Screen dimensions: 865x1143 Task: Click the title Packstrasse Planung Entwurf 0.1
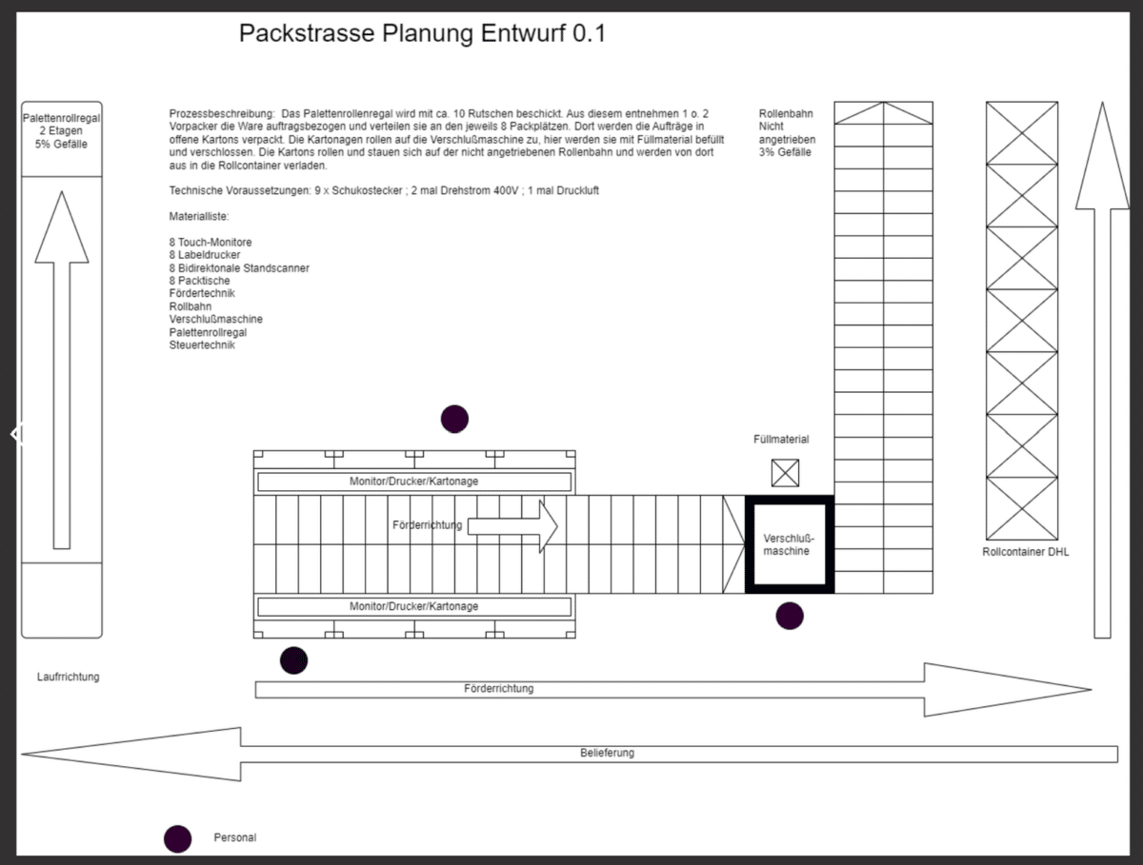tap(422, 34)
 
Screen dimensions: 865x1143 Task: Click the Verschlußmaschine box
tap(789, 545)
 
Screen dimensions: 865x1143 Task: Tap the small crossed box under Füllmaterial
tap(786, 473)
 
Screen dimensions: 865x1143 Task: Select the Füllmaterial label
tap(781, 440)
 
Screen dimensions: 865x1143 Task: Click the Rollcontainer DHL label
tap(1025, 552)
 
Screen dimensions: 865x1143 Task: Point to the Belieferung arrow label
tap(607, 753)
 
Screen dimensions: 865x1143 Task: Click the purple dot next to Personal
tap(177, 838)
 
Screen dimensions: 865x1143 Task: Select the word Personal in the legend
tap(234, 838)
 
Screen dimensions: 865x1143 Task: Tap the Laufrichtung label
tap(68, 678)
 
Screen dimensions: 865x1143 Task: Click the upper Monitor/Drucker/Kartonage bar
tap(413, 482)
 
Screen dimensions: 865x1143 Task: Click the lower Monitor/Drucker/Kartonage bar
tap(413, 606)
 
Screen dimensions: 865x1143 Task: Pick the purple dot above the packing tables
tap(454, 419)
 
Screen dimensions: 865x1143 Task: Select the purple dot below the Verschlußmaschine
tap(790, 617)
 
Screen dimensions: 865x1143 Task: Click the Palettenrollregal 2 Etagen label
tap(61, 130)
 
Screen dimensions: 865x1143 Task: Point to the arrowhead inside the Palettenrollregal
tap(62, 228)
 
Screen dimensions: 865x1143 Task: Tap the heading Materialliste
tap(198, 217)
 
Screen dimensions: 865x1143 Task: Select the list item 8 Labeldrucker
tap(205, 255)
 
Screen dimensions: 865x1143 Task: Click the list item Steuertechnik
tap(202, 344)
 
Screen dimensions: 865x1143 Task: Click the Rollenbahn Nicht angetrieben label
tap(787, 133)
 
